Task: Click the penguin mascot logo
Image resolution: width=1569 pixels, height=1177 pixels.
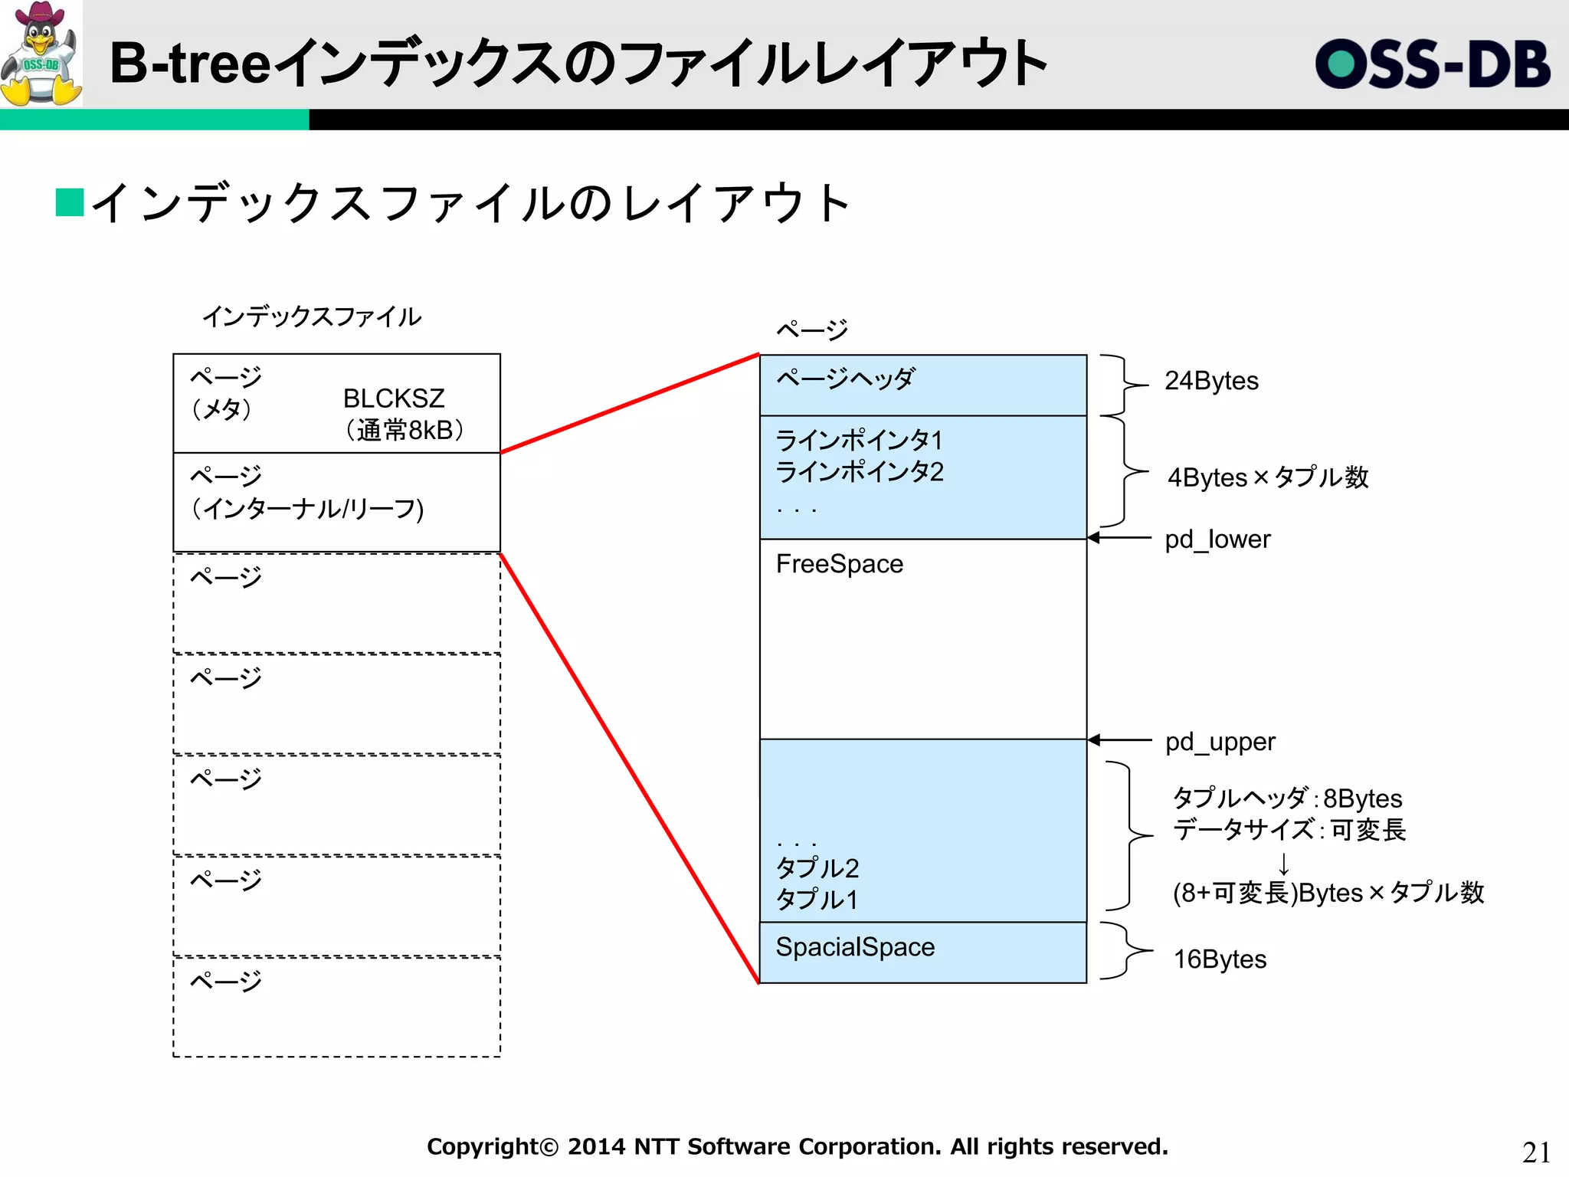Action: click(41, 54)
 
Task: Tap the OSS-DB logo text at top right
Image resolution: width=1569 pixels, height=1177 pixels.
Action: click(1432, 64)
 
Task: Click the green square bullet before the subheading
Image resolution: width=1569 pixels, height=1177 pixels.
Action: click(70, 202)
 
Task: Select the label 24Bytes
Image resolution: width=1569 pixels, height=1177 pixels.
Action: click(1211, 381)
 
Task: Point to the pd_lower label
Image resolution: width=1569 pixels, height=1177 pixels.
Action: click(1217, 539)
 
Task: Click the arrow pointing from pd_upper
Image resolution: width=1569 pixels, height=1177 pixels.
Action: click(1119, 740)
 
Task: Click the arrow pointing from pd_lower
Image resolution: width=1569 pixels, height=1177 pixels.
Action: click(1119, 538)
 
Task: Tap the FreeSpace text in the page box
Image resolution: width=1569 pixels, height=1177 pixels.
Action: click(839, 564)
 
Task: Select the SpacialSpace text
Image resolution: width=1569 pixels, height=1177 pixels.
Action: click(855, 947)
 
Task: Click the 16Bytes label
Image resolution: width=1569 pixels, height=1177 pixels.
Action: click(1220, 959)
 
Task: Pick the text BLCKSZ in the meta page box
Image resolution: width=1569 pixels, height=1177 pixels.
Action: click(393, 398)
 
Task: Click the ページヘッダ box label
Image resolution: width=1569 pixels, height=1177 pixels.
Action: click(845, 379)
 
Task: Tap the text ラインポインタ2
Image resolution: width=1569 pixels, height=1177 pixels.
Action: click(859, 472)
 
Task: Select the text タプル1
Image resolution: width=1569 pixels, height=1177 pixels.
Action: click(817, 900)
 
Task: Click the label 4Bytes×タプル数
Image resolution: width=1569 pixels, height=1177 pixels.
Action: click(1267, 477)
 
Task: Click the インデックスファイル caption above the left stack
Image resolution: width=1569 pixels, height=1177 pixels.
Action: click(311, 316)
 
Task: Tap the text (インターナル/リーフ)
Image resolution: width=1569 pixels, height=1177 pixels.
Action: click(307, 509)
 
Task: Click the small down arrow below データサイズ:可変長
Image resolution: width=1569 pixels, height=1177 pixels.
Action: click(1284, 864)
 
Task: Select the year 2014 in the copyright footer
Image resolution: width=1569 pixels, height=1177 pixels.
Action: click(596, 1147)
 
